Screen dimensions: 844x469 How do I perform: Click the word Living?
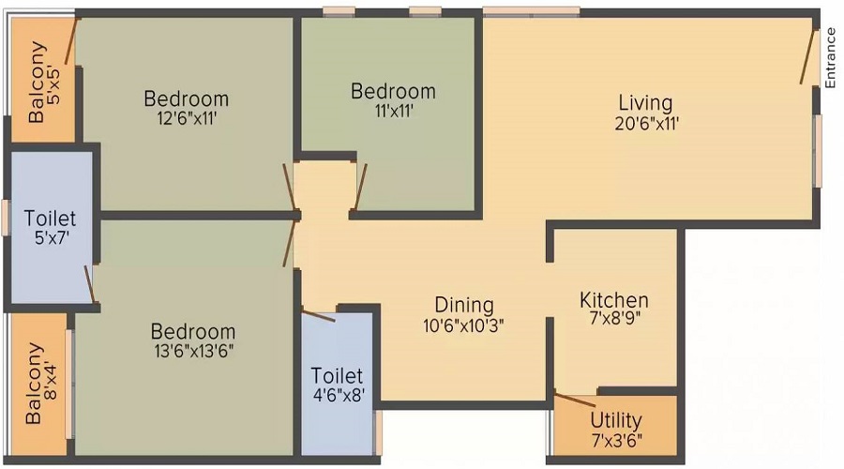645,103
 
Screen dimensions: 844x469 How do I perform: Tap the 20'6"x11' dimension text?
646,123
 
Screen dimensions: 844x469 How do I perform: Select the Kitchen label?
614,300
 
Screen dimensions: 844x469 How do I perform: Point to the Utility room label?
616,420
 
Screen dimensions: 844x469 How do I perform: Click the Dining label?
464,305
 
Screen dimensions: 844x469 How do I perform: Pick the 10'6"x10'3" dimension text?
463,325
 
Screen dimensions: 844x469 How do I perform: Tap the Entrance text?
830,58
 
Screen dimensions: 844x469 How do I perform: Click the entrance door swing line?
806,56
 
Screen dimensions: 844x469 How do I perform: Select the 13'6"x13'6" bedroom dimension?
194,351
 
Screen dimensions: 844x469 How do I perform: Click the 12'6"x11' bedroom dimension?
187,118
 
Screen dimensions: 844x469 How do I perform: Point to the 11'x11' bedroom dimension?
394,111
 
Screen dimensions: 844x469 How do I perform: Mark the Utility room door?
576,401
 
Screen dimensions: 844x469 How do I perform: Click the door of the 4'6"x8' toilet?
319,316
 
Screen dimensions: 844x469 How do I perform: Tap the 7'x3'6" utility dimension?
617,441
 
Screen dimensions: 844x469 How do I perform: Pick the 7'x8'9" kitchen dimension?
614,319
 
